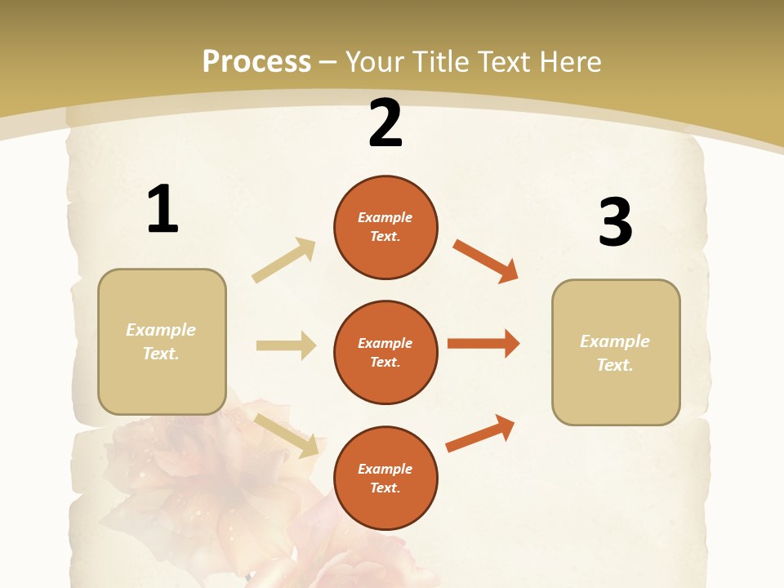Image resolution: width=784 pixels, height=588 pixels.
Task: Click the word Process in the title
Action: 256,61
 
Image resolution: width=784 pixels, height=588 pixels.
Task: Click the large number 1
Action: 163,209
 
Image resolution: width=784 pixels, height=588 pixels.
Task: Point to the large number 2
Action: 385,123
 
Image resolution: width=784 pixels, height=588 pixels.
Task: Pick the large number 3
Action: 615,222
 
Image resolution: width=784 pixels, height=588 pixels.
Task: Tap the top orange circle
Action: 385,226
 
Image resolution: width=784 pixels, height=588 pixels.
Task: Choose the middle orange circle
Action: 385,352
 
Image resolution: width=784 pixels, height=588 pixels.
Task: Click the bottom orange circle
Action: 385,478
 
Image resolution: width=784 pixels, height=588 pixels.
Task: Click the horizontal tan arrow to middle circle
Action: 286,345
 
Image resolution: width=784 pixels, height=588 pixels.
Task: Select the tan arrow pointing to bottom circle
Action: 287,434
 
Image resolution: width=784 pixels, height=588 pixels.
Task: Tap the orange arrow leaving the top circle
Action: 485,260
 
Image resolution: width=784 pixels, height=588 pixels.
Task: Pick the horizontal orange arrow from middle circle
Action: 483,344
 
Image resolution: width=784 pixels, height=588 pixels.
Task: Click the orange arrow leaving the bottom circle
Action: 480,433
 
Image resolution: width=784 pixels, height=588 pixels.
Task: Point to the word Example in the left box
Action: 161,330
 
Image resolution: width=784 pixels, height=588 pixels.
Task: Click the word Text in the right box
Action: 614,365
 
